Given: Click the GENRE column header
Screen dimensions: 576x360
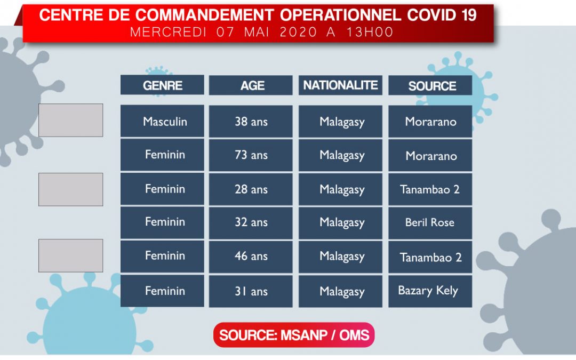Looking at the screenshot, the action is pos(162,85).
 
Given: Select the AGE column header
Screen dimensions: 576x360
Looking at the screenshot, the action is pos(251,85).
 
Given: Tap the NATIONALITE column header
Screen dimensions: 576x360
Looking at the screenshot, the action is pos(340,85).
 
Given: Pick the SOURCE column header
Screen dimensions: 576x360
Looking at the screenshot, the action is pos(430,85).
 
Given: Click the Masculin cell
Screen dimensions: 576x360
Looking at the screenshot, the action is pos(162,121).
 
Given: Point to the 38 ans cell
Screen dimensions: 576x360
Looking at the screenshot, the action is pos(251,121).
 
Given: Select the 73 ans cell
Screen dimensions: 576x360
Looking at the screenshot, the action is pos(251,155).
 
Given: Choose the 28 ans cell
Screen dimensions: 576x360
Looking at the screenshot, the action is pos(251,189).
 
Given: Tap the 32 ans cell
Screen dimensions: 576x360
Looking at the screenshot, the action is pos(251,222).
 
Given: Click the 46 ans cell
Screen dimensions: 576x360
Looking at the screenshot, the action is pos(251,257).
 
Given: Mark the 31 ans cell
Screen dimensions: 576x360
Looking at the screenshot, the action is pos(251,291).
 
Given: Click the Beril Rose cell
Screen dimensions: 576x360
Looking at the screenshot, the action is pos(430,222).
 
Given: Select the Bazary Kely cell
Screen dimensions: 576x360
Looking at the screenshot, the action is pos(430,291).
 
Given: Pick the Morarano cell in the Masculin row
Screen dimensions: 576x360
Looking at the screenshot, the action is pos(430,121).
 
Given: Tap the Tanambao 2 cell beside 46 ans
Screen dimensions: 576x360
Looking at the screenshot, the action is pos(430,257).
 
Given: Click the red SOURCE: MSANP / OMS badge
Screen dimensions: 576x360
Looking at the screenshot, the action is pos(294,334).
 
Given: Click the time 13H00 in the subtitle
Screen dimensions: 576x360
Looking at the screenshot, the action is pos(370,32).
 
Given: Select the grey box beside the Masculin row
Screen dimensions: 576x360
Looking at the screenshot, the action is pos(70,120).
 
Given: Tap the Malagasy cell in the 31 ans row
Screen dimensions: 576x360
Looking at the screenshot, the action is pos(340,291).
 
